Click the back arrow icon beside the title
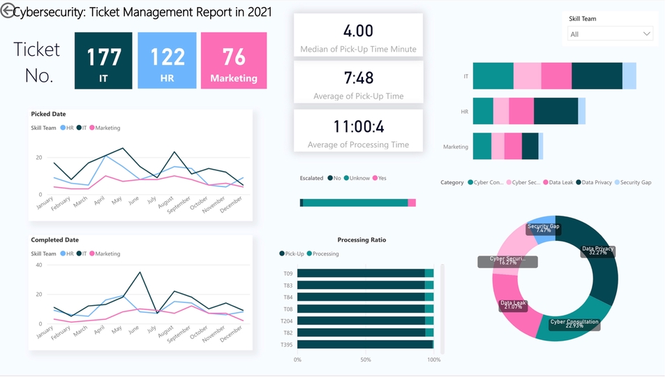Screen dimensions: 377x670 click(x=8, y=11)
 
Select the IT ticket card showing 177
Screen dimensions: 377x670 click(x=103, y=61)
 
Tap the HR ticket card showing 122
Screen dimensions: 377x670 click(x=167, y=61)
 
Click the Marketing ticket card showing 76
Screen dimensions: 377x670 click(x=234, y=61)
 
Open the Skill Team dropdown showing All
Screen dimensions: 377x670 click(x=609, y=34)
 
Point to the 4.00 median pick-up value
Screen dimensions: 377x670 click(x=358, y=31)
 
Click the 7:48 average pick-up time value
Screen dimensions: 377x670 click(x=358, y=78)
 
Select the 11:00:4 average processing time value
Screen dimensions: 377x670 click(x=358, y=126)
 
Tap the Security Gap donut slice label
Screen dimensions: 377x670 click(x=543, y=228)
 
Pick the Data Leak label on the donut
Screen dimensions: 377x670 click(x=513, y=305)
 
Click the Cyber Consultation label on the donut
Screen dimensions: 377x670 click(x=574, y=323)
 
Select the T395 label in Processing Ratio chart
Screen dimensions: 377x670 click(x=288, y=345)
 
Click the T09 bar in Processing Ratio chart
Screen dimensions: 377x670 click(x=361, y=274)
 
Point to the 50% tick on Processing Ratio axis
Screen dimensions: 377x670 click(x=366, y=360)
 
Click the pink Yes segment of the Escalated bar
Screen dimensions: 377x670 click(x=412, y=203)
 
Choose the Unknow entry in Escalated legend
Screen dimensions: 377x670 click(x=359, y=179)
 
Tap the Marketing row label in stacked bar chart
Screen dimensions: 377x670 click(x=455, y=147)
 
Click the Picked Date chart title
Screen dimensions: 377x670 click(x=48, y=114)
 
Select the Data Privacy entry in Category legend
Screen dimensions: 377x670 click(x=597, y=183)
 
